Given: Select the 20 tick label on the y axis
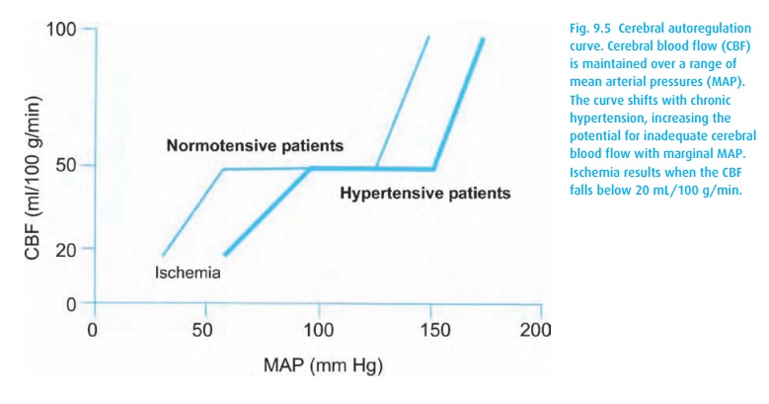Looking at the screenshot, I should (66, 248).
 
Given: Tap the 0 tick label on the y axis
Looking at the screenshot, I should (71, 303).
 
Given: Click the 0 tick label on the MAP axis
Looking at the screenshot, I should (92, 328).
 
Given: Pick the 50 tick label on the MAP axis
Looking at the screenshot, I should (204, 328).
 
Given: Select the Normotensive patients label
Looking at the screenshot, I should (255, 145).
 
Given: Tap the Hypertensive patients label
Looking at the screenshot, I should (424, 193).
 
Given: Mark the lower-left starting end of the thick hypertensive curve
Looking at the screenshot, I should (226, 254).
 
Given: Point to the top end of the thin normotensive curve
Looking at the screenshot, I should (429, 38).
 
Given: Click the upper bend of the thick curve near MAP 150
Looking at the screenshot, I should (434, 169).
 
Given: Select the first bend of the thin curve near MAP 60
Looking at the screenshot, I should (221, 170).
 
